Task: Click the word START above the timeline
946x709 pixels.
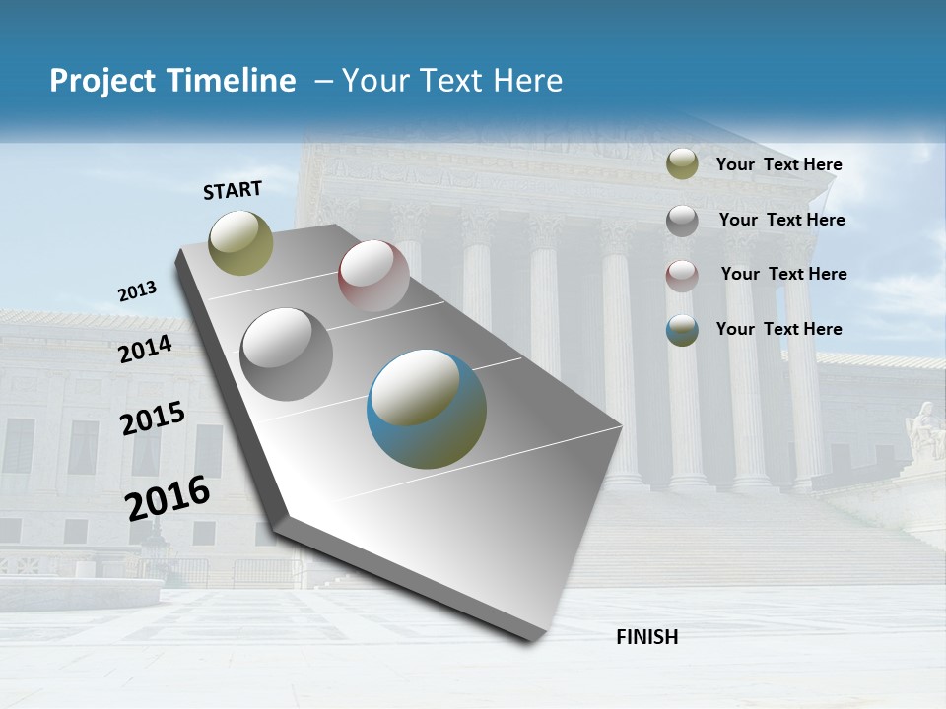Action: tap(233, 189)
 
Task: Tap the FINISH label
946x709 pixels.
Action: tap(646, 637)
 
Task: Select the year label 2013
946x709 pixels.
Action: tap(138, 291)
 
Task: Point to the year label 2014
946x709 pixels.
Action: tap(146, 350)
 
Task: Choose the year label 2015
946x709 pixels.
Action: tap(153, 419)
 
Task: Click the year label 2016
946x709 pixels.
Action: tap(169, 497)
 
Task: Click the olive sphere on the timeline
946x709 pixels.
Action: tap(241, 242)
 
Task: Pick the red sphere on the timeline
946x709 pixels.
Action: tap(373, 276)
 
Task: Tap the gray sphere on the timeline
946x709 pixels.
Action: tap(287, 354)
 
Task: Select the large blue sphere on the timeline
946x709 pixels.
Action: tap(427, 409)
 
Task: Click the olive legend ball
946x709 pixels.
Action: tap(682, 164)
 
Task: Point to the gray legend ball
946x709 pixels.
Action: tap(682, 220)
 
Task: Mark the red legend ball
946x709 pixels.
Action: tap(682, 275)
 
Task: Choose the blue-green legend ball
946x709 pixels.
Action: tap(682, 330)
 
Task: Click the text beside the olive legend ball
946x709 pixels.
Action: tap(778, 164)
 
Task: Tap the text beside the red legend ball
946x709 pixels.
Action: tap(783, 274)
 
